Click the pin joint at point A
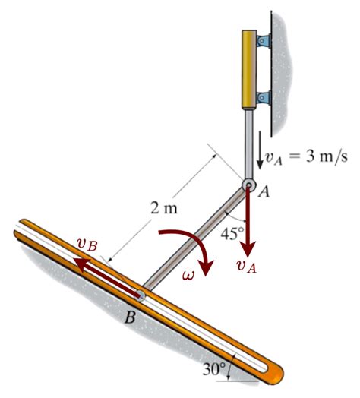tap(249, 185)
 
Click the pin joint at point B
tap(141, 293)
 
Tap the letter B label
tap(130, 317)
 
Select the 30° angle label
tap(215, 369)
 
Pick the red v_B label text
tap(87, 245)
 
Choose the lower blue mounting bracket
tap(264, 97)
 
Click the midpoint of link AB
tap(195, 239)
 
